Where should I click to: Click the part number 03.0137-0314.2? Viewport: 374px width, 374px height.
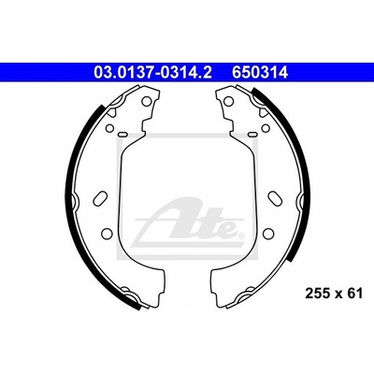pos(152,73)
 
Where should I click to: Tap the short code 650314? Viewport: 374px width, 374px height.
pos(259,73)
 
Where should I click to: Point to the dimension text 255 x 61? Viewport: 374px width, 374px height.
pos(334,294)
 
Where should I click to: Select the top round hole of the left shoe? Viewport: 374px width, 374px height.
pos(146,101)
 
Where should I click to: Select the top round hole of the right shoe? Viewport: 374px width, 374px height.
pos(228,101)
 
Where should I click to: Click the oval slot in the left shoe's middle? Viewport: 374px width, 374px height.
pos(100,197)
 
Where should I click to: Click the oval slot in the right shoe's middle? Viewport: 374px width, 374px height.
pos(274,197)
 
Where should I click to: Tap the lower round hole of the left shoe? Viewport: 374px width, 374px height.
pos(107,233)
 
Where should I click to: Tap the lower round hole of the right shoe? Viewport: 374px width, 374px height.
pos(267,233)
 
